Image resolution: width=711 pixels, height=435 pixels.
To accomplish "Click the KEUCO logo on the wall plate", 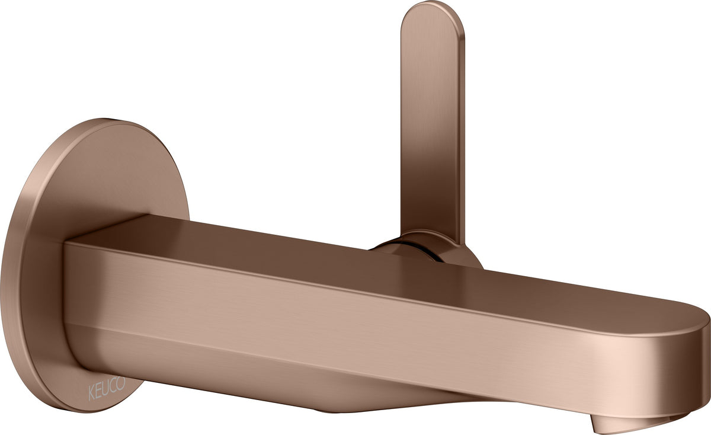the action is (107, 389).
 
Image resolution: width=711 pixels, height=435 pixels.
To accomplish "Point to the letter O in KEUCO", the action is (121, 383).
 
